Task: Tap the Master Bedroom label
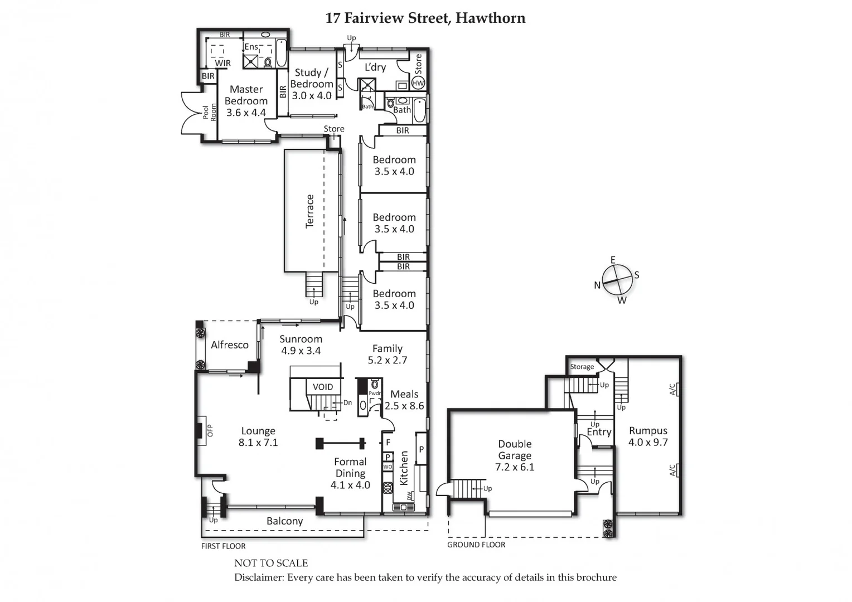(246, 101)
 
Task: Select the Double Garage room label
(515, 455)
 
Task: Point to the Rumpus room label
(648, 436)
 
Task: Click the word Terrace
(310, 211)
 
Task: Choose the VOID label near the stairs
(323, 387)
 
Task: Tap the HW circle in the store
(418, 83)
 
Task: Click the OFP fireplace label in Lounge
(210, 430)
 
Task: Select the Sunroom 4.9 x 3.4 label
(301, 345)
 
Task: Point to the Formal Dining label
(350, 473)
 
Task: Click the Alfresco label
(230, 345)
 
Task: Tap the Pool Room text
(209, 113)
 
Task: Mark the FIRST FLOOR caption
(223, 546)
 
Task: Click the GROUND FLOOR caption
(476, 545)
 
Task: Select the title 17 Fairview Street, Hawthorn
(425, 18)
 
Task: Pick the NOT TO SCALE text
(271, 563)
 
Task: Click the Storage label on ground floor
(582, 367)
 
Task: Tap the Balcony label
(284, 521)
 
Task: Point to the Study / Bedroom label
(312, 84)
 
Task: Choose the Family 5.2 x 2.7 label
(388, 355)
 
